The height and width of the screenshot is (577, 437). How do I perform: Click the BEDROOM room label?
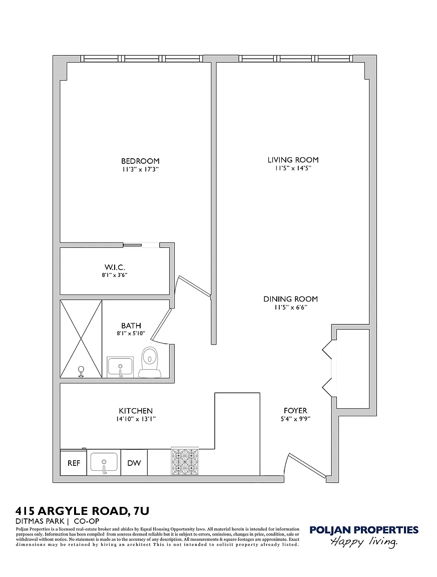coord(140,161)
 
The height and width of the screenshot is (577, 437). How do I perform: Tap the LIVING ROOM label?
coord(293,160)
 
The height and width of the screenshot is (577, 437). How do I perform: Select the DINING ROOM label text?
coord(290,299)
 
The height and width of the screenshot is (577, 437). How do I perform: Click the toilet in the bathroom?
coord(150,362)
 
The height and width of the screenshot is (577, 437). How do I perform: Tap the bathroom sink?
coord(120,367)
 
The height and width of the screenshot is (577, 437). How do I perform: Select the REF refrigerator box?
coord(74,463)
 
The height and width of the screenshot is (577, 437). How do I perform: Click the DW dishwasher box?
coord(134,463)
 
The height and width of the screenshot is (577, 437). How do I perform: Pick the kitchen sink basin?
coord(104,462)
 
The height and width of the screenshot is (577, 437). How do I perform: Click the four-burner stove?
coord(185,461)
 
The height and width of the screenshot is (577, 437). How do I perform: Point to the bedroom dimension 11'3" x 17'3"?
coord(140,169)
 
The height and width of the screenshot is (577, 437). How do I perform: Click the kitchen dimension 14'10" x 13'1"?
coord(136,419)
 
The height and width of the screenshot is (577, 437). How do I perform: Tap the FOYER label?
coord(295,411)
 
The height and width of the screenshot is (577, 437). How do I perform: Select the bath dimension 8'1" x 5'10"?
coord(131,334)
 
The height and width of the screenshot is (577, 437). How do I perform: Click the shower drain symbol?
coord(81,371)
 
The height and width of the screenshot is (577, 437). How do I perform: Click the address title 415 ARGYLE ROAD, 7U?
coord(82,511)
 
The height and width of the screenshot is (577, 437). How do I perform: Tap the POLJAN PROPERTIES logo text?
coord(364,530)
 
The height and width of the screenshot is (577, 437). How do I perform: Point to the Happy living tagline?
coord(364,541)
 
